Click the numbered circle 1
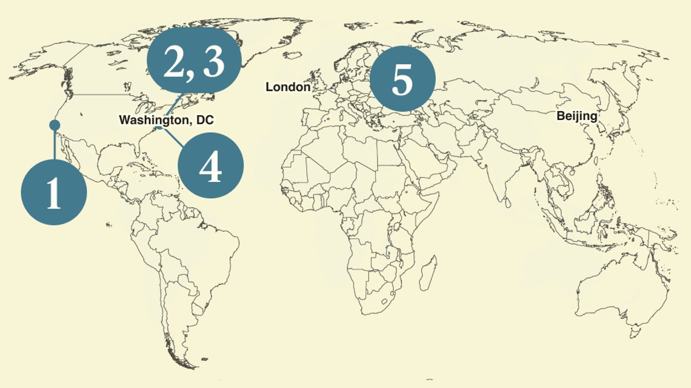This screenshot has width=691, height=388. pyautogui.click(x=54, y=192)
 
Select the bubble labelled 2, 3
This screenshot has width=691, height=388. pyautogui.click(x=194, y=63)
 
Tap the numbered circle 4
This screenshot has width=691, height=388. pyautogui.click(x=210, y=165)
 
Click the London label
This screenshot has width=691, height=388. pyautogui.click(x=288, y=87)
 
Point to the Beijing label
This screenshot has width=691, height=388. pyautogui.click(x=576, y=116)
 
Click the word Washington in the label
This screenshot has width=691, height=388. pyautogui.click(x=153, y=120)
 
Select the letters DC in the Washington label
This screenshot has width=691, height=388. pyautogui.click(x=205, y=120)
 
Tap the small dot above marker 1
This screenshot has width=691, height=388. pyautogui.click(x=54, y=125)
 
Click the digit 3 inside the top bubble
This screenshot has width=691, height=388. pyautogui.click(x=213, y=63)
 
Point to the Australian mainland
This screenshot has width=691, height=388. pyautogui.click(x=612, y=285)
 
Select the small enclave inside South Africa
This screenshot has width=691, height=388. pyautogui.click(x=384, y=301)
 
